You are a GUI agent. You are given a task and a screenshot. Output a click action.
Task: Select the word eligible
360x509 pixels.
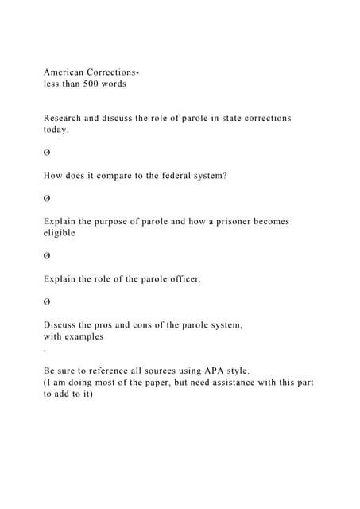[60, 233]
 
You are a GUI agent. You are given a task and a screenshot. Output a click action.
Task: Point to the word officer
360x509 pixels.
[183, 278]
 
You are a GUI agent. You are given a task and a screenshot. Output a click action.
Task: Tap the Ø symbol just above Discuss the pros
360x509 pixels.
[47, 301]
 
